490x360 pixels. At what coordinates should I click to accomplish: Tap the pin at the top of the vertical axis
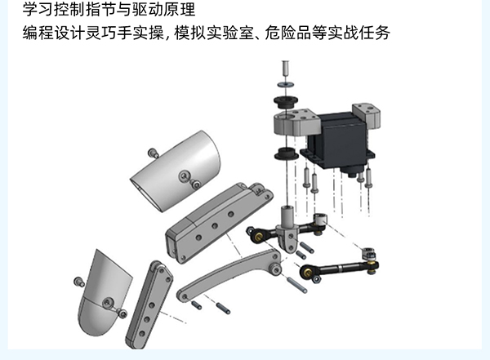tap(285, 68)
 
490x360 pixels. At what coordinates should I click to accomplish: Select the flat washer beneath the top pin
tap(285, 84)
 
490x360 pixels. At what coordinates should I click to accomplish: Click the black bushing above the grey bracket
tap(286, 102)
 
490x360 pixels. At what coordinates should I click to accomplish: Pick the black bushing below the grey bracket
tap(286, 153)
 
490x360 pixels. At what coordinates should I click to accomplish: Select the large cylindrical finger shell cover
tap(176, 171)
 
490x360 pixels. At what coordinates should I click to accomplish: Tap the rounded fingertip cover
tap(103, 294)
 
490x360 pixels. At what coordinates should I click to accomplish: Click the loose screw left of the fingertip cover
tap(78, 282)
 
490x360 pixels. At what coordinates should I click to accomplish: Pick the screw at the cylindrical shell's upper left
tap(154, 153)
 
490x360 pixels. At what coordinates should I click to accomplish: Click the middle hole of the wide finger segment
tap(215, 225)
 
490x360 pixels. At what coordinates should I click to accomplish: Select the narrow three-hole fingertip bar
tap(149, 304)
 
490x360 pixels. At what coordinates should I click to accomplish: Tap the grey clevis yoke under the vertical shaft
tap(287, 238)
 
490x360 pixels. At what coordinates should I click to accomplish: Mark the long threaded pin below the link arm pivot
tap(296, 285)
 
